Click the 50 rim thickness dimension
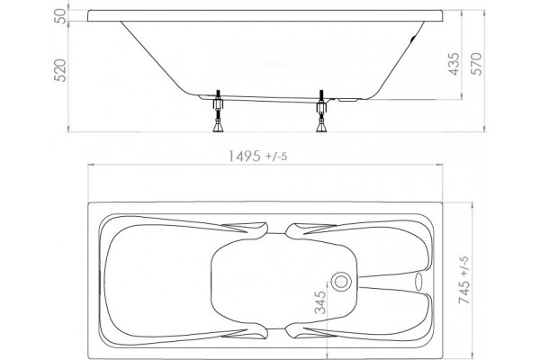tap(60, 16)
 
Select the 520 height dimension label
tap(60, 70)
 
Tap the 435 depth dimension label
tap(454, 64)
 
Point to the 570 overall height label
tap(477, 64)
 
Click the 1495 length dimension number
tap(245, 157)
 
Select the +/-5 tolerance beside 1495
tap(276, 157)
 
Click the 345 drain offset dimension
tap(320, 302)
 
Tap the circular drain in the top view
tap(341, 281)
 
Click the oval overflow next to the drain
tap(418, 281)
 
